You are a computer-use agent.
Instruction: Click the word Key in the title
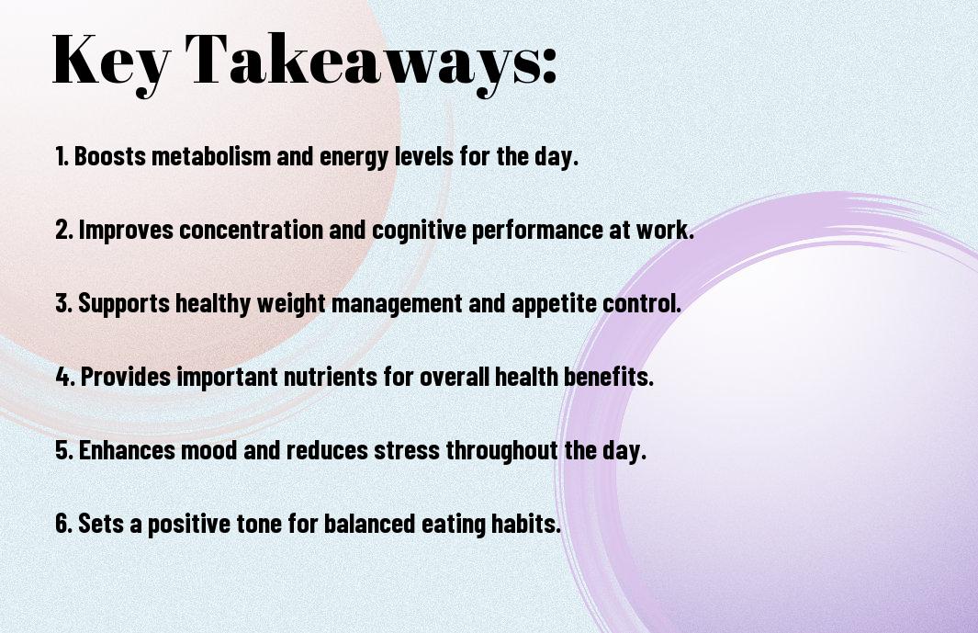(111, 61)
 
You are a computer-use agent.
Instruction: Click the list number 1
(62, 156)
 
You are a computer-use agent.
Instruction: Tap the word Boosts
(110, 156)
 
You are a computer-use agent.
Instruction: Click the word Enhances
(127, 449)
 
